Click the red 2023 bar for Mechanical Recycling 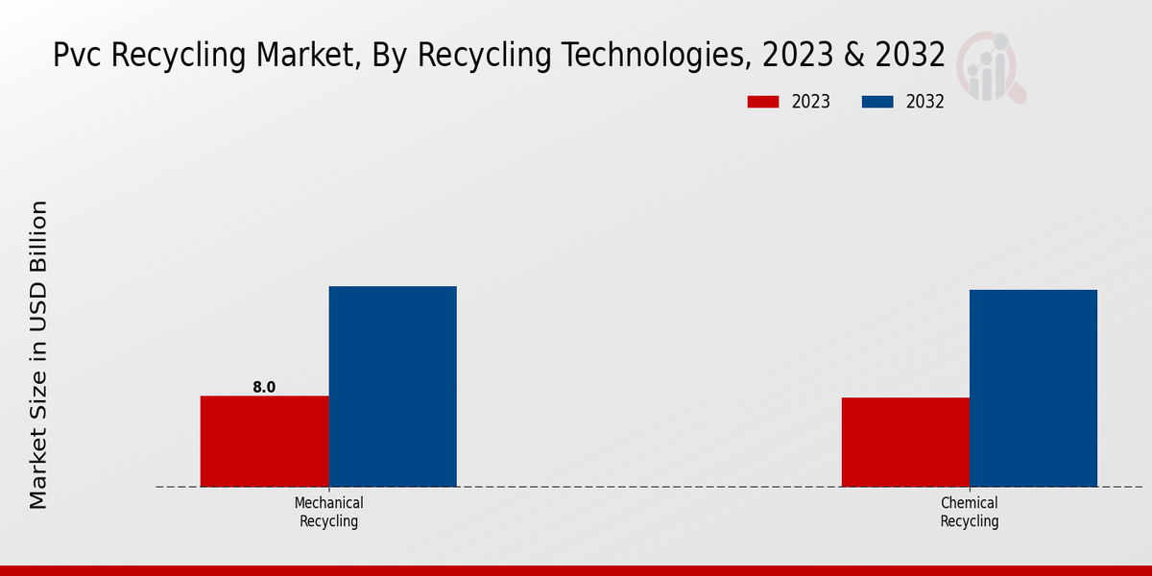(x=264, y=441)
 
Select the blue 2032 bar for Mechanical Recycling (x=393, y=386)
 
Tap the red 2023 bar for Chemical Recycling (x=905, y=442)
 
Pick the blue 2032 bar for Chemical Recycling (x=1033, y=388)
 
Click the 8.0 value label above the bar (x=264, y=388)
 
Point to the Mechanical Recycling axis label (x=328, y=513)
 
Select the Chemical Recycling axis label (x=969, y=513)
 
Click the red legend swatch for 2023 (x=763, y=102)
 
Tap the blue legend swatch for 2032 (x=877, y=102)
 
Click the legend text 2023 (x=811, y=102)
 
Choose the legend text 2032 (x=925, y=102)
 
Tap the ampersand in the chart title (x=852, y=56)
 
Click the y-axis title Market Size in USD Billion (x=38, y=354)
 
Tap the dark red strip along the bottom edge (x=576, y=570)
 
